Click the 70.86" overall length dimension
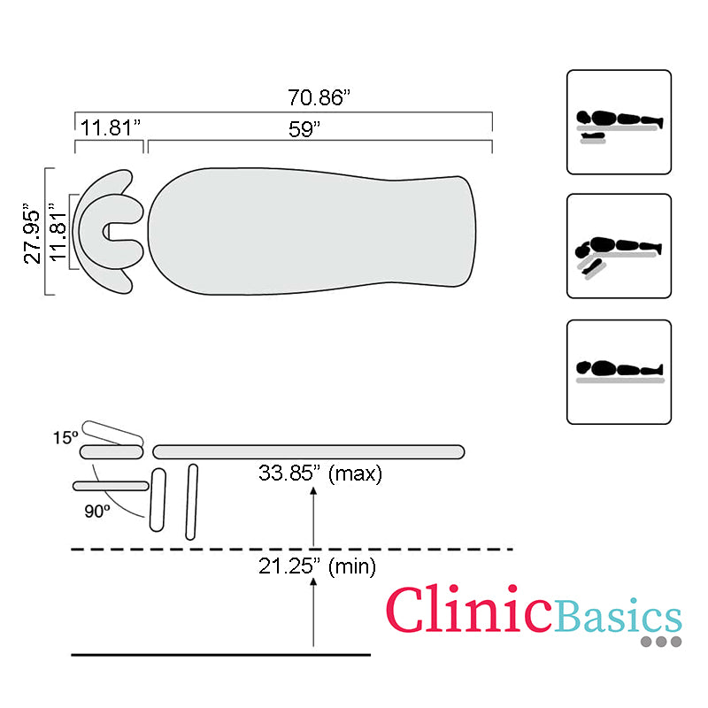(319, 97)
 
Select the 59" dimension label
(304, 129)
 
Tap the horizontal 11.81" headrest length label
(111, 127)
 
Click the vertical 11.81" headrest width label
(58, 232)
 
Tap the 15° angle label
(65, 437)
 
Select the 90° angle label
(97, 512)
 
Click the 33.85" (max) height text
(320, 473)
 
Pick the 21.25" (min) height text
(317, 566)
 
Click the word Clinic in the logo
(468, 609)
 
